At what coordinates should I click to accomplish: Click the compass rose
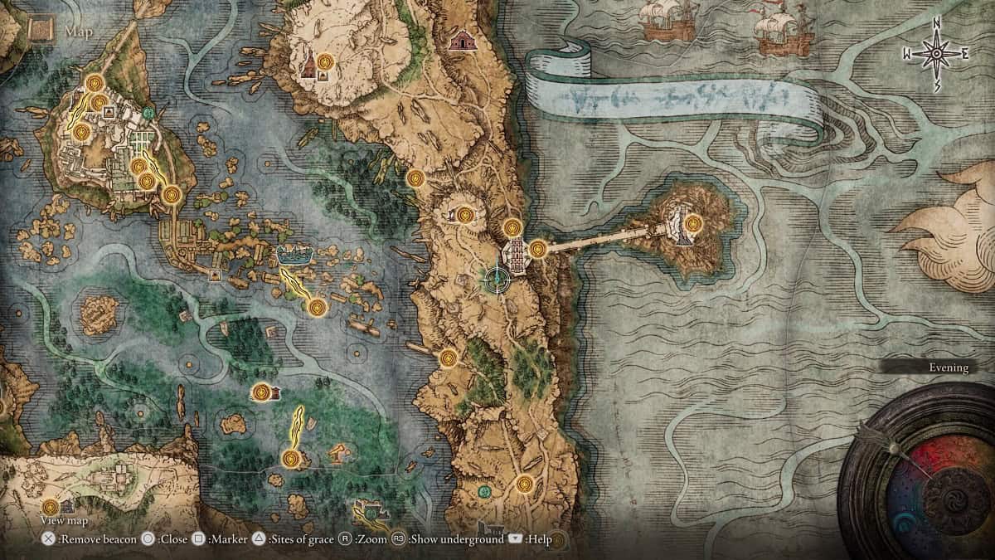pyautogui.click(x=936, y=54)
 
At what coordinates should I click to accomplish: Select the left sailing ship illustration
pyautogui.click(x=667, y=21)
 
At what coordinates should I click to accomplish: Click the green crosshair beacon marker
pyautogui.click(x=496, y=280)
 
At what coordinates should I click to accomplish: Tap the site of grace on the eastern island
pyautogui.click(x=692, y=222)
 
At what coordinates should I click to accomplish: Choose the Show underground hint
pyautogui.click(x=449, y=539)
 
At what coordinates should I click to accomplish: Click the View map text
pyautogui.click(x=65, y=520)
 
